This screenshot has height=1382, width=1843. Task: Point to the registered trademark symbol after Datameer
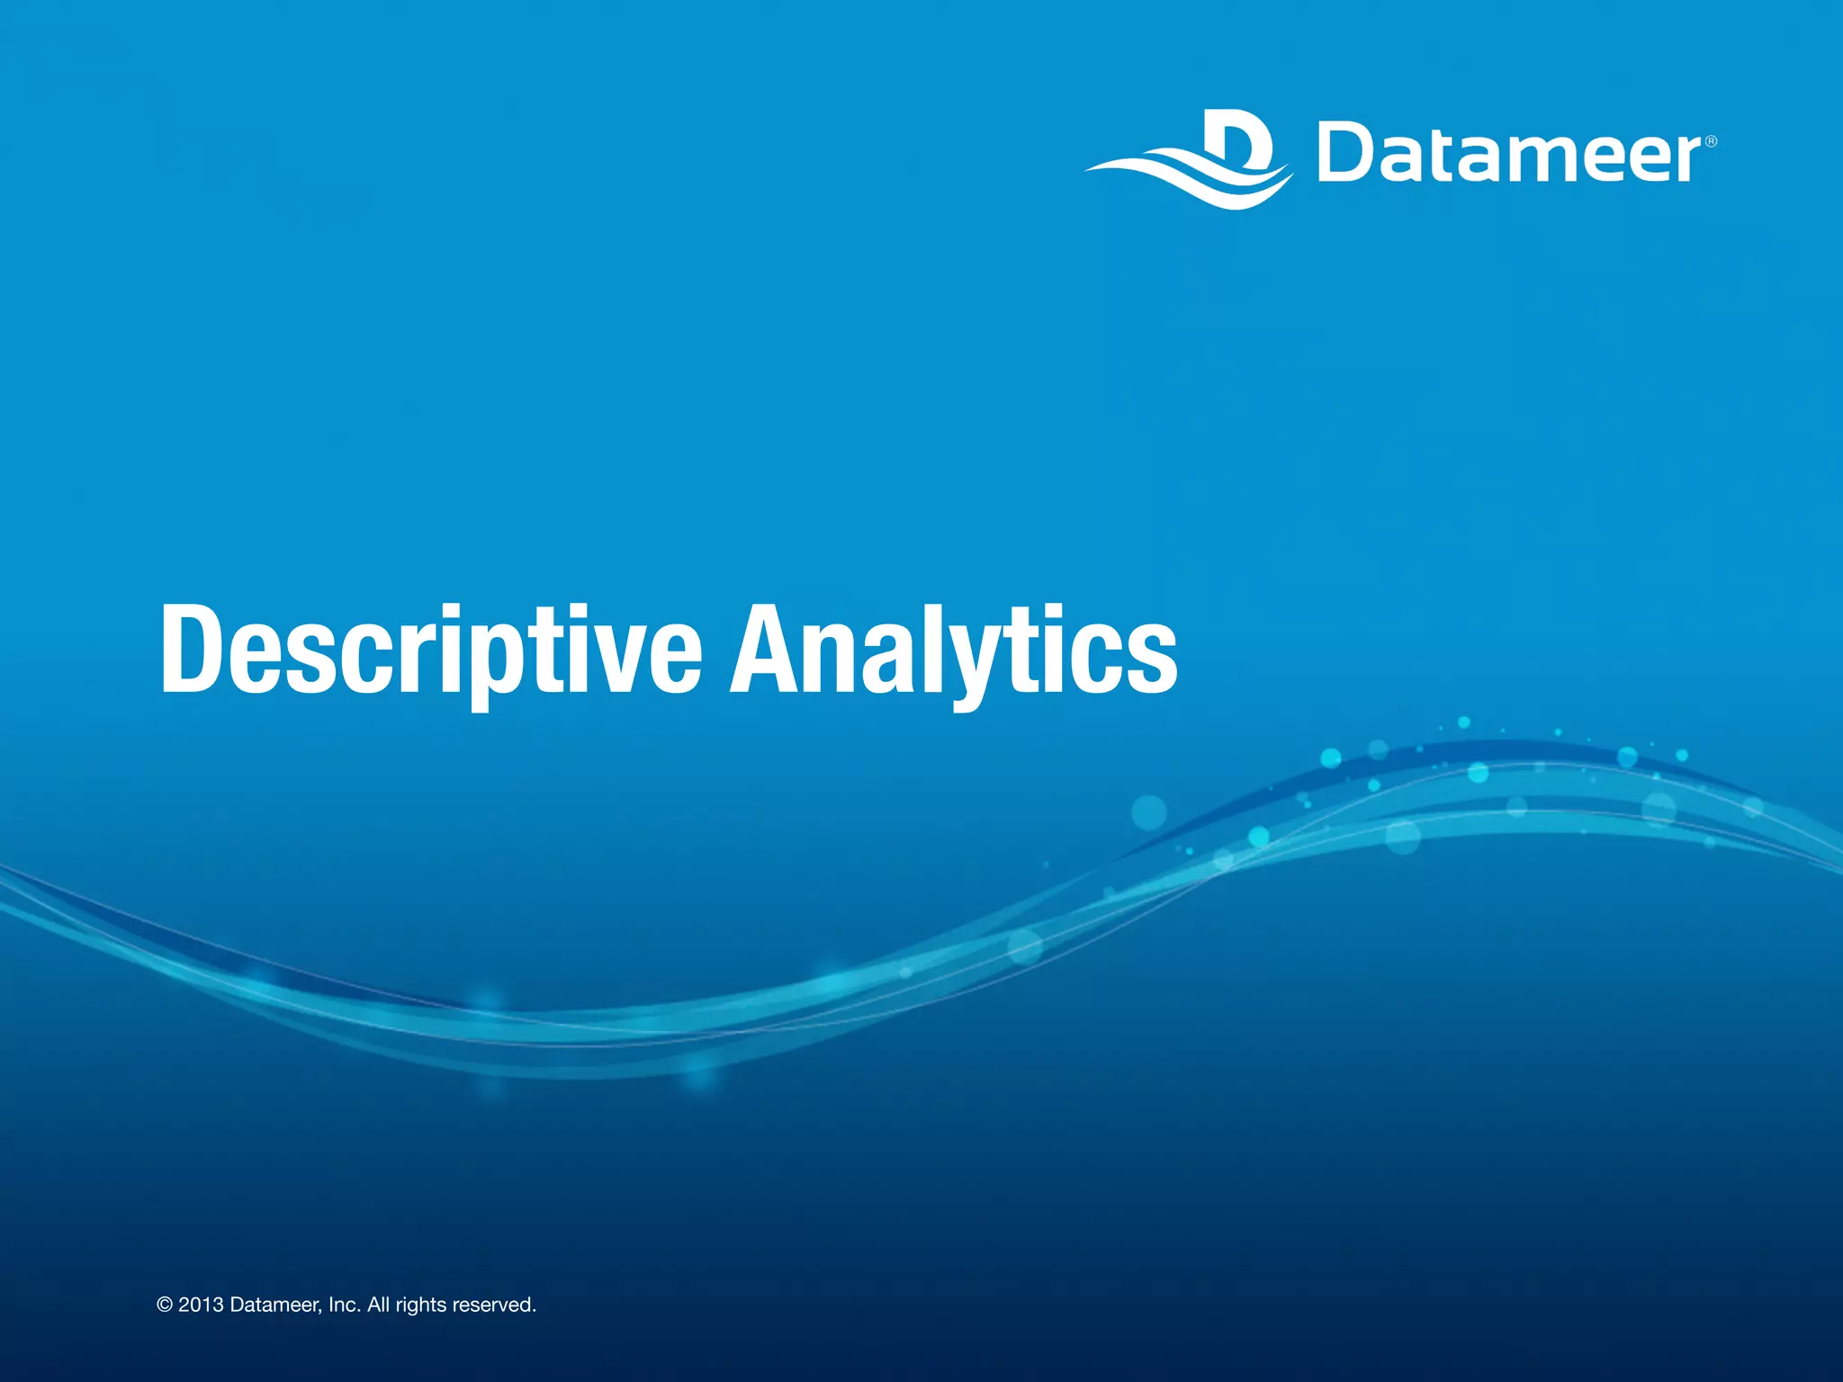1711,141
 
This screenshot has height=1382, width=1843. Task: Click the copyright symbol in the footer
165,1306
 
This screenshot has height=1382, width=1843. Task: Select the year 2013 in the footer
201,1306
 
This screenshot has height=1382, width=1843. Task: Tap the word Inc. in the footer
345,1306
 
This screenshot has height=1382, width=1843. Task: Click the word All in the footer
378,1306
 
